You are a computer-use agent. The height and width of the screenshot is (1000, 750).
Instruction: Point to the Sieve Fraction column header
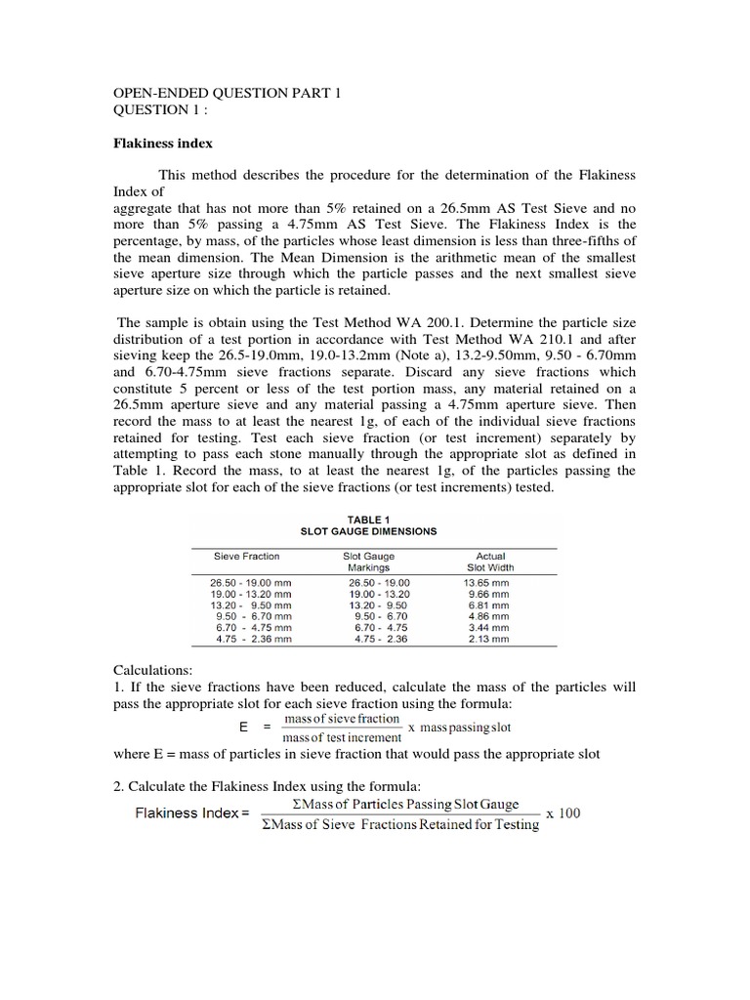tap(247, 557)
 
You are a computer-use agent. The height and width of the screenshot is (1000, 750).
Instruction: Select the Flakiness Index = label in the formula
tap(192, 813)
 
